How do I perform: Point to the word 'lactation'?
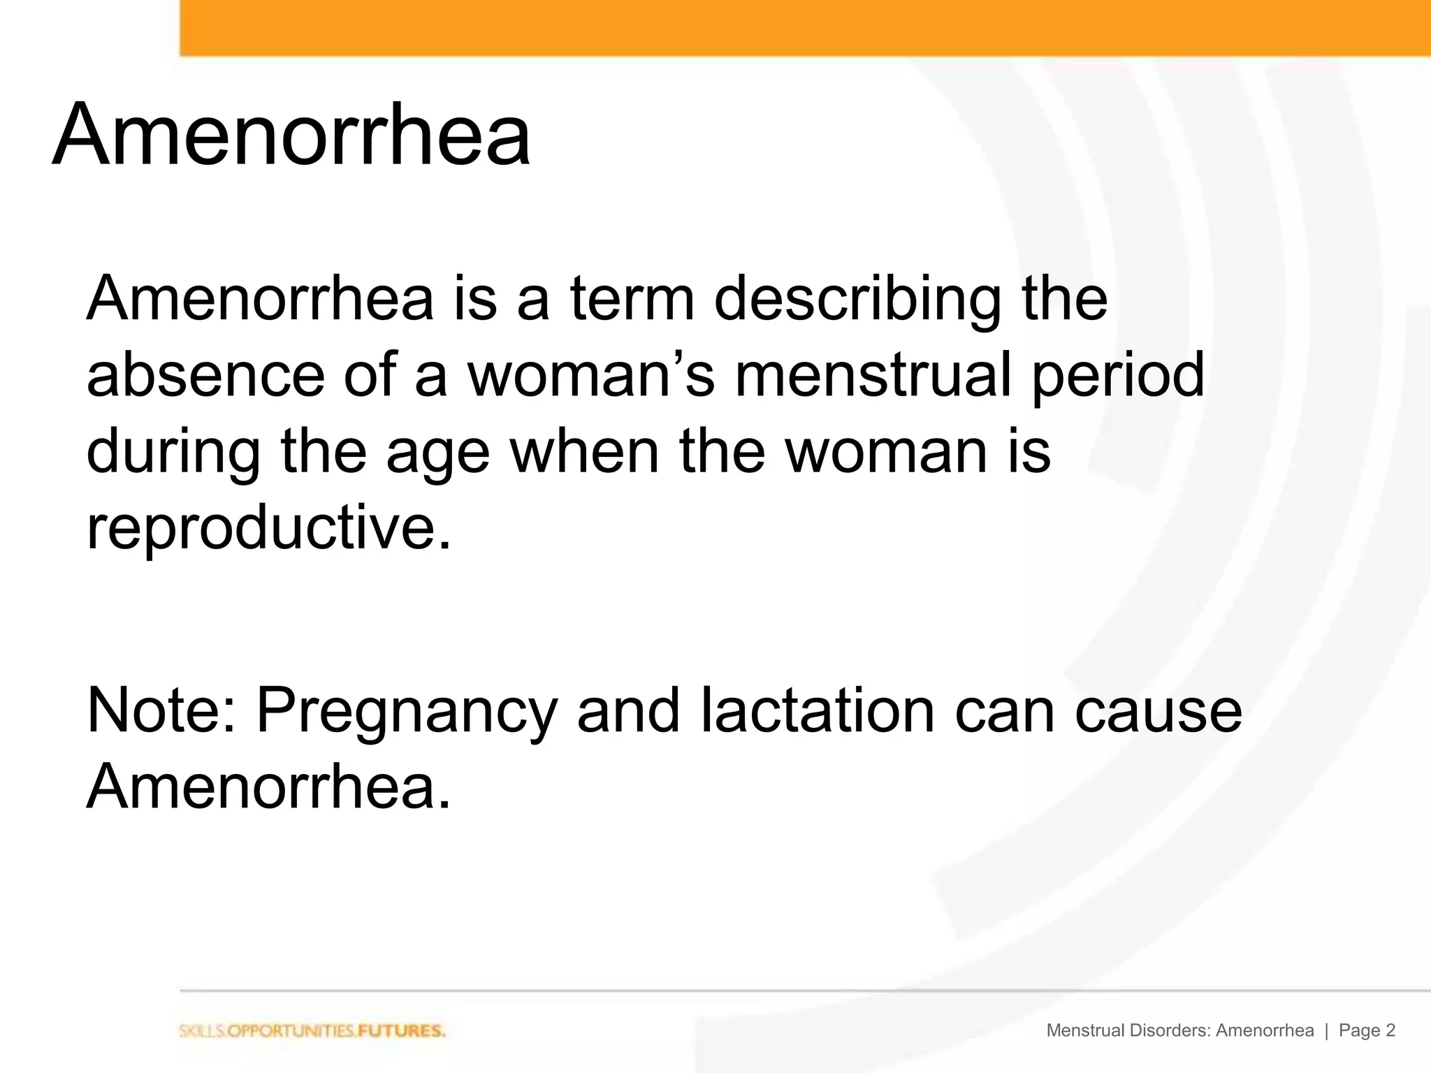click(x=817, y=710)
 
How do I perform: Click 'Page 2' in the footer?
click(x=1367, y=1030)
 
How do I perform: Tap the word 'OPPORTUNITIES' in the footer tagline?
click(x=285, y=1031)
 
